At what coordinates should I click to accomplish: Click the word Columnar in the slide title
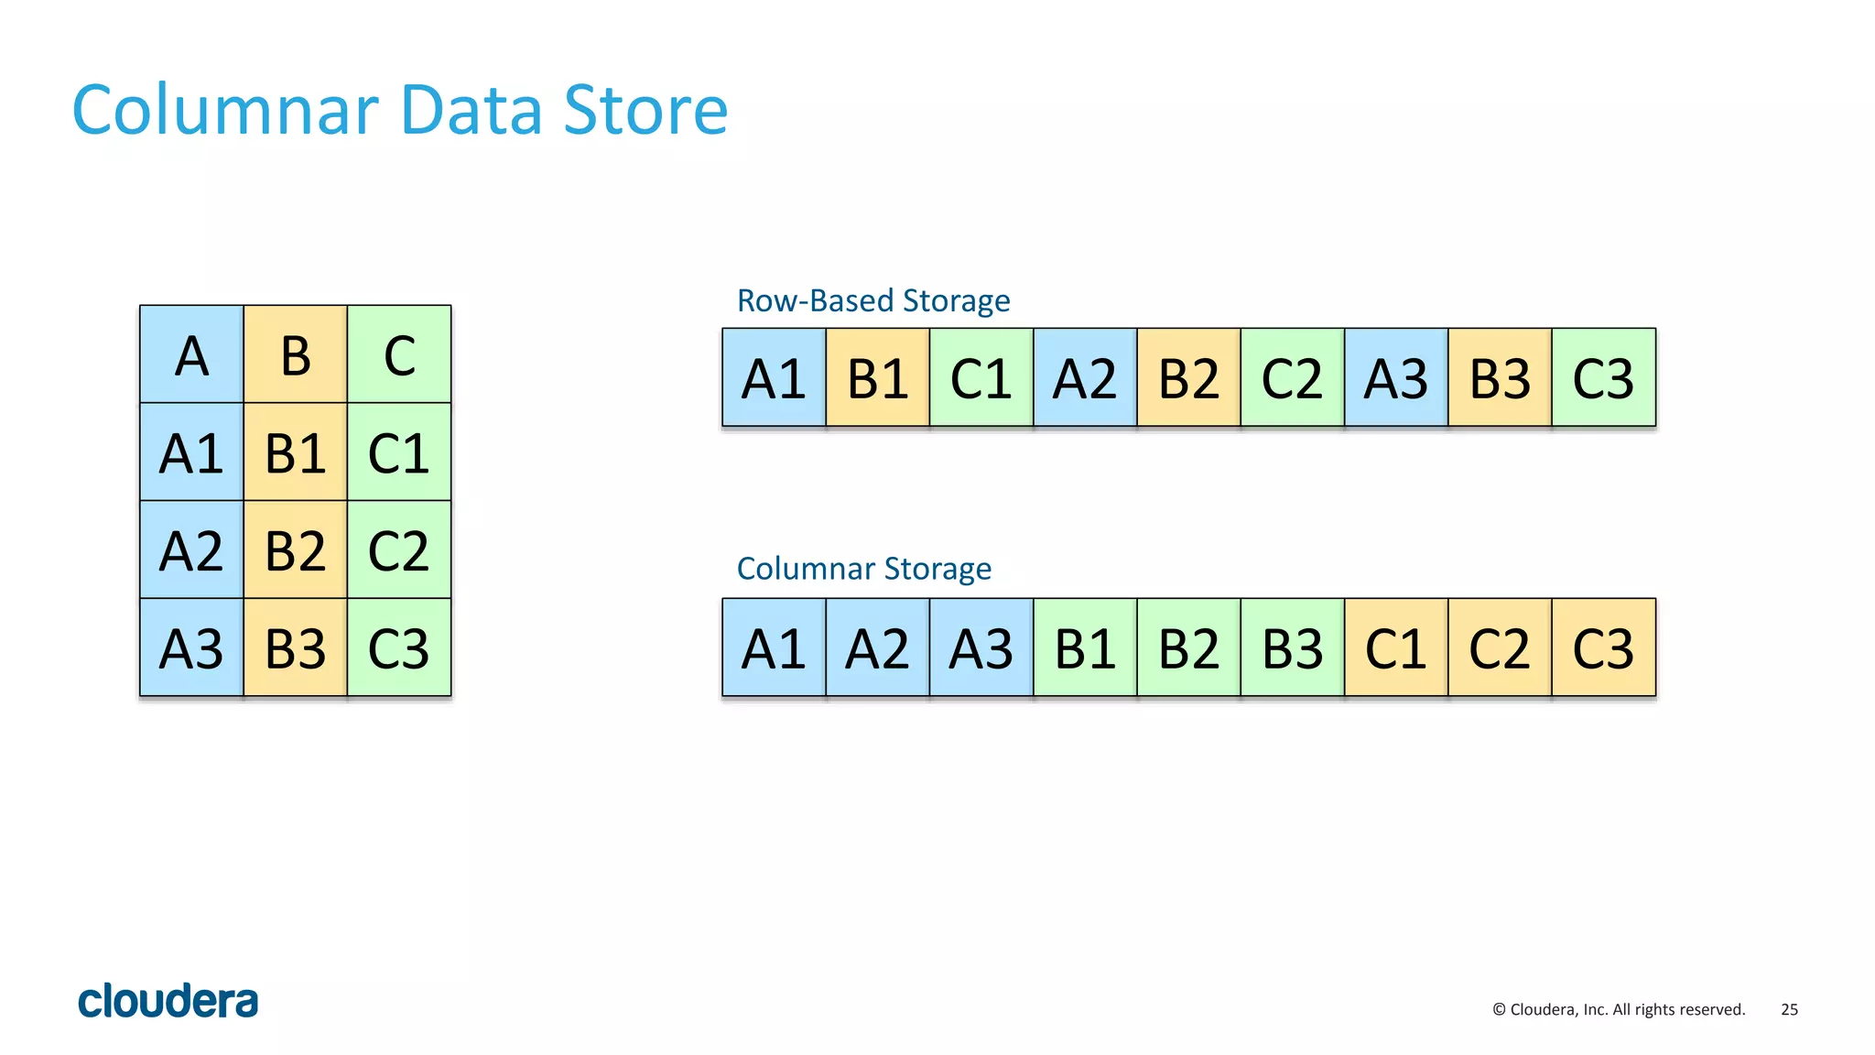click(x=224, y=111)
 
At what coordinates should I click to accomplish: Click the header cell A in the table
click(x=191, y=355)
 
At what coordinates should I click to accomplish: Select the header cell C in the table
click(x=399, y=355)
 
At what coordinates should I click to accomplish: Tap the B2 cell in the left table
click(x=295, y=550)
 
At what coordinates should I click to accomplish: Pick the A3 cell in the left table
click(x=191, y=648)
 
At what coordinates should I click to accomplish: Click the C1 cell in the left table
click(x=399, y=452)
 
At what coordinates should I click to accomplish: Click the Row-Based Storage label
click(x=872, y=300)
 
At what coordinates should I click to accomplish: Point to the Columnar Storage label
click(x=863, y=569)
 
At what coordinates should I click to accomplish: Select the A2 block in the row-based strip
click(x=1085, y=378)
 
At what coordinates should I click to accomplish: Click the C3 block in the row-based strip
click(x=1603, y=378)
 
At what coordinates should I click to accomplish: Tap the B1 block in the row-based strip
click(x=877, y=378)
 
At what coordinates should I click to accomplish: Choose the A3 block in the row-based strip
click(x=1395, y=378)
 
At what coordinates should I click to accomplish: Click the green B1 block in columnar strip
click(x=1085, y=648)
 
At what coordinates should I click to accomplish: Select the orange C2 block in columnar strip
click(x=1499, y=648)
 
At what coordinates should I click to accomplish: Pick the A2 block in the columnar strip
click(x=877, y=648)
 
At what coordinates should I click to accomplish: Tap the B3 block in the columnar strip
click(x=1292, y=648)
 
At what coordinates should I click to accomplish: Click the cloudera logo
click(x=168, y=1001)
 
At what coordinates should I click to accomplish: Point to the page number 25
click(x=1789, y=1009)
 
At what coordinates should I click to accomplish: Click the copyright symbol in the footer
click(x=1499, y=1009)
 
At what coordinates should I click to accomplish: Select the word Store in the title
click(x=645, y=111)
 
